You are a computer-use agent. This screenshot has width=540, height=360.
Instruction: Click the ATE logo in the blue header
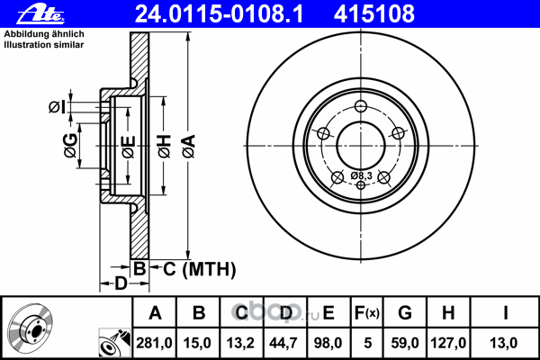point(40,15)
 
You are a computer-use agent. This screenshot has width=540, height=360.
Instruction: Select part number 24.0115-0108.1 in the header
point(219,14)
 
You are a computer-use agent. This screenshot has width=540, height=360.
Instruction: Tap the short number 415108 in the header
point(374,14)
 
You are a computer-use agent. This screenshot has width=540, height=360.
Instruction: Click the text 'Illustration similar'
point(44,45)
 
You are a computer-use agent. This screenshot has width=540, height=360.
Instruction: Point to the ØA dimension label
point(189,146)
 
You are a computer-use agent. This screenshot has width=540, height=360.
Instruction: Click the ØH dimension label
point(165,146)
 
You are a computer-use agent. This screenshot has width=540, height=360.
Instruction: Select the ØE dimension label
point(129,147)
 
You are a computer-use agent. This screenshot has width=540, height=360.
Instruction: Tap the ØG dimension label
point(70,146)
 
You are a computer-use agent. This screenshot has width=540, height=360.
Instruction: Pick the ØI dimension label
point(57,107)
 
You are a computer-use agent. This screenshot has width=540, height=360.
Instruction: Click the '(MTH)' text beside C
point(209,269)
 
